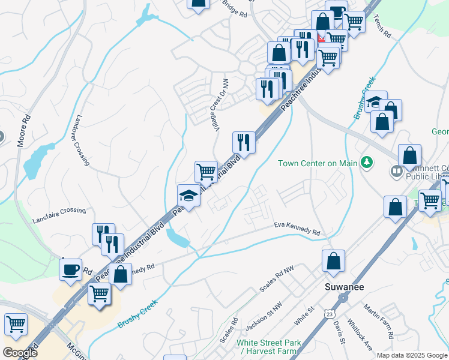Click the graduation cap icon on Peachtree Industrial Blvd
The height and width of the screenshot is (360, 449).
[x=188, y=196]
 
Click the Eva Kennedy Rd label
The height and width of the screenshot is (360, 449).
[x=297, y=228]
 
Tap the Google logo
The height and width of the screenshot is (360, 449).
[x=20, y=353]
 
